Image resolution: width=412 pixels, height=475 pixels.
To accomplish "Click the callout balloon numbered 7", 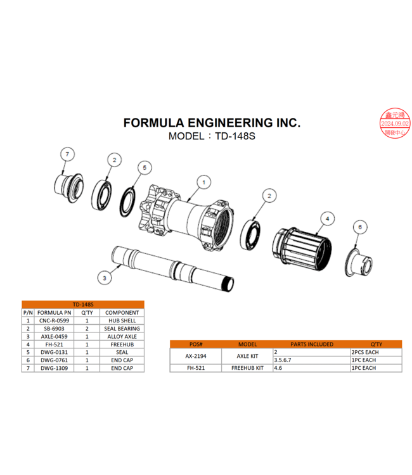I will (67, 153).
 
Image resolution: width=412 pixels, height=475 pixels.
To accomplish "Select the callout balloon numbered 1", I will (203, 182).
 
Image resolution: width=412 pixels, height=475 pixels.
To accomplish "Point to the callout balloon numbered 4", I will (326, 218).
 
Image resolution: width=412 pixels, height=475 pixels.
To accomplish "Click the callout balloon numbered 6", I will (359, 226).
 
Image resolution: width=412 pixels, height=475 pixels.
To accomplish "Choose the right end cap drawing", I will (355, 258).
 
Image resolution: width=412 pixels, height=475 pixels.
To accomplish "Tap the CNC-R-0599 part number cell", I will (54, 320).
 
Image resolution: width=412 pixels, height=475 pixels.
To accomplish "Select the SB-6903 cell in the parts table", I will (54, 328).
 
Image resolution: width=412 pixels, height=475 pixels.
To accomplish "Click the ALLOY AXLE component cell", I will (122, 336).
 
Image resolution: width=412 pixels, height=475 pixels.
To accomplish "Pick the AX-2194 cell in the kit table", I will (195, 355).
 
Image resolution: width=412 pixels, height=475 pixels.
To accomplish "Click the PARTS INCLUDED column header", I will (311, 344).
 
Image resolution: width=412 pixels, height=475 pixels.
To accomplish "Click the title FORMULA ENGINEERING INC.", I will (212, 122).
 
